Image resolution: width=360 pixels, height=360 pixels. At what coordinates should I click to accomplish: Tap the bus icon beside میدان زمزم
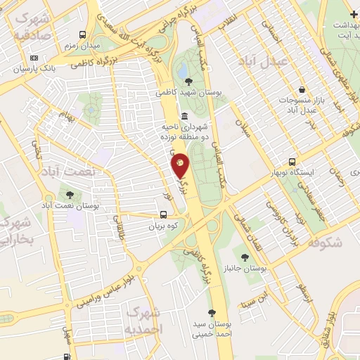(84, 34)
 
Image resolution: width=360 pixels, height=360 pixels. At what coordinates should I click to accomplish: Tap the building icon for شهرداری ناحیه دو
(184, 116)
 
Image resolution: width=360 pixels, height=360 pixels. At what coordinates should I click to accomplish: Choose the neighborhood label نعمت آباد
(79, 172)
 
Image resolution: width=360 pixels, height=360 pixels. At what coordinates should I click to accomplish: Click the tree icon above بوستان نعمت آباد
(69, 195)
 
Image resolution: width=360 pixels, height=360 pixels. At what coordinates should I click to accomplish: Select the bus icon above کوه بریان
(163, 216)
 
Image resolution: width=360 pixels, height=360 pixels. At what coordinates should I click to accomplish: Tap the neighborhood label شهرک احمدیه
(143, 319)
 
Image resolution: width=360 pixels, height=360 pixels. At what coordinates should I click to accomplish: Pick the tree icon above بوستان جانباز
(245, 258)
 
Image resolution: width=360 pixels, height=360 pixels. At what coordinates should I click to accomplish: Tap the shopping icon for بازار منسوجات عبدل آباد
(302, 89)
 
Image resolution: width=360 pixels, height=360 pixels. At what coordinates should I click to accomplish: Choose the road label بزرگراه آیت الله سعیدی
(134, 32)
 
